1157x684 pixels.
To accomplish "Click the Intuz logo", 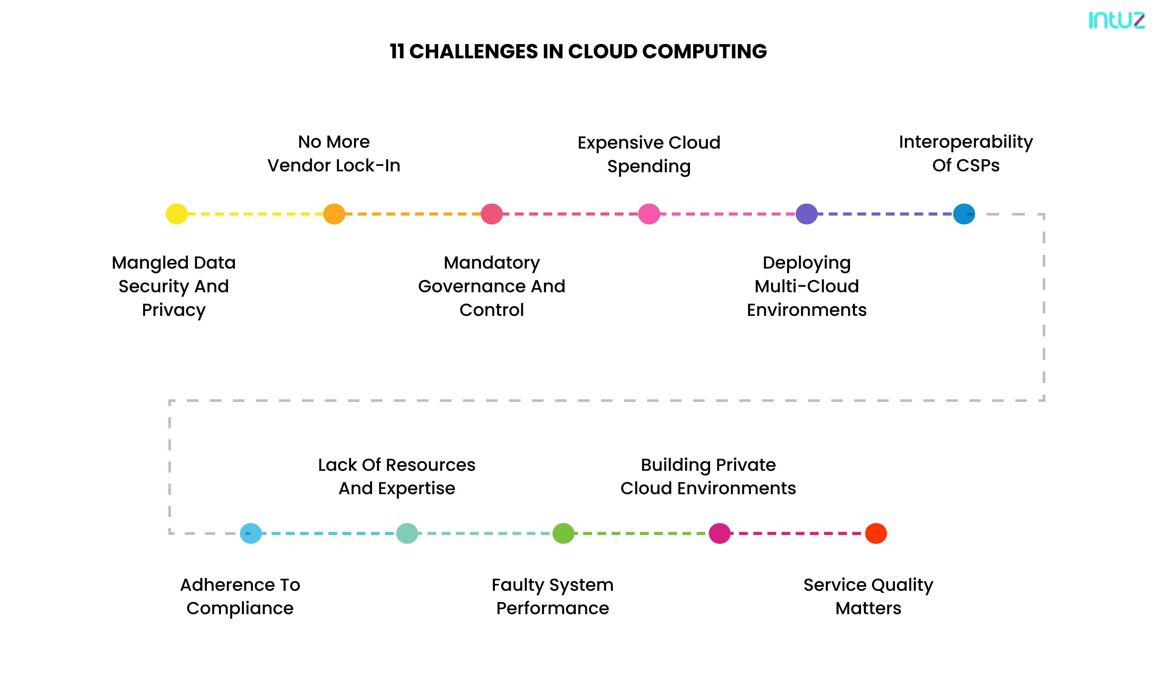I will click(x=1116, y=20).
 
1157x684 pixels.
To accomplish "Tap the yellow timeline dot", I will click(x=177, y=214).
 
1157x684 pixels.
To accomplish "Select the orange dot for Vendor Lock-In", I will click(x=334, y=214).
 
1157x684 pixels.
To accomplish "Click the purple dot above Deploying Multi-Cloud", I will click(x=806, y=214).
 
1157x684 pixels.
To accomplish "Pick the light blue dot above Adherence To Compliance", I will click(x=251, y=533).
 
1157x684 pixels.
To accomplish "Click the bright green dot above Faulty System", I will click(x=563, y=533).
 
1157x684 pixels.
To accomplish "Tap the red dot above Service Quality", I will click(x=875, y=533).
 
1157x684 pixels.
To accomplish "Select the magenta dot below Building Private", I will click(x=719, y=533).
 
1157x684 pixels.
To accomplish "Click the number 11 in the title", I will click(x=397, y=51).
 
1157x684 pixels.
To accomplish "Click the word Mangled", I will click(x=145, y=263).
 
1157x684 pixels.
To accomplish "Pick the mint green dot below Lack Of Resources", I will click(x=407, y=533).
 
